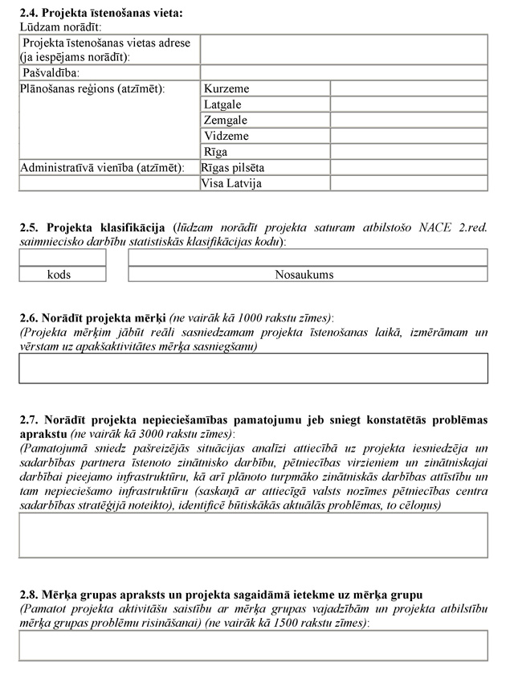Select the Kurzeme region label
coord(226,89)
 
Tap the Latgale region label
coord(222,105)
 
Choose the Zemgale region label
coord(226,121)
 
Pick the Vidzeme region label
coord(226,137)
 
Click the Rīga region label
coord(215,152)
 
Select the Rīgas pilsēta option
coord(233,168)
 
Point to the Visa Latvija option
coord(232,183)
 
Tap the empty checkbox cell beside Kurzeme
coord(409,89)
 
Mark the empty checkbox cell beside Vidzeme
coord(409,137)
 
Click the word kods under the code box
coord(59,274)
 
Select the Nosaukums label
coord(304,274)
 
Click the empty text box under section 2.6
coord(253,367)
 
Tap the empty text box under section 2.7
coord(253,534)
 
